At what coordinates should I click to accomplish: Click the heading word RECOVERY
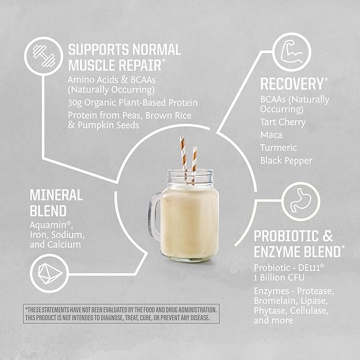(291, 84)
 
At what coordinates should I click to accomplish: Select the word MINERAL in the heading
(56, 195)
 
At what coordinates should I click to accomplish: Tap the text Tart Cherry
(283, 122)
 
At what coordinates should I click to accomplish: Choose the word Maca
(270, 135)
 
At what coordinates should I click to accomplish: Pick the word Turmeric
(278, 147)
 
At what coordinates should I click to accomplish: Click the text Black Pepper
(286, 160)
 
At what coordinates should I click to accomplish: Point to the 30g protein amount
(75, 102)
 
